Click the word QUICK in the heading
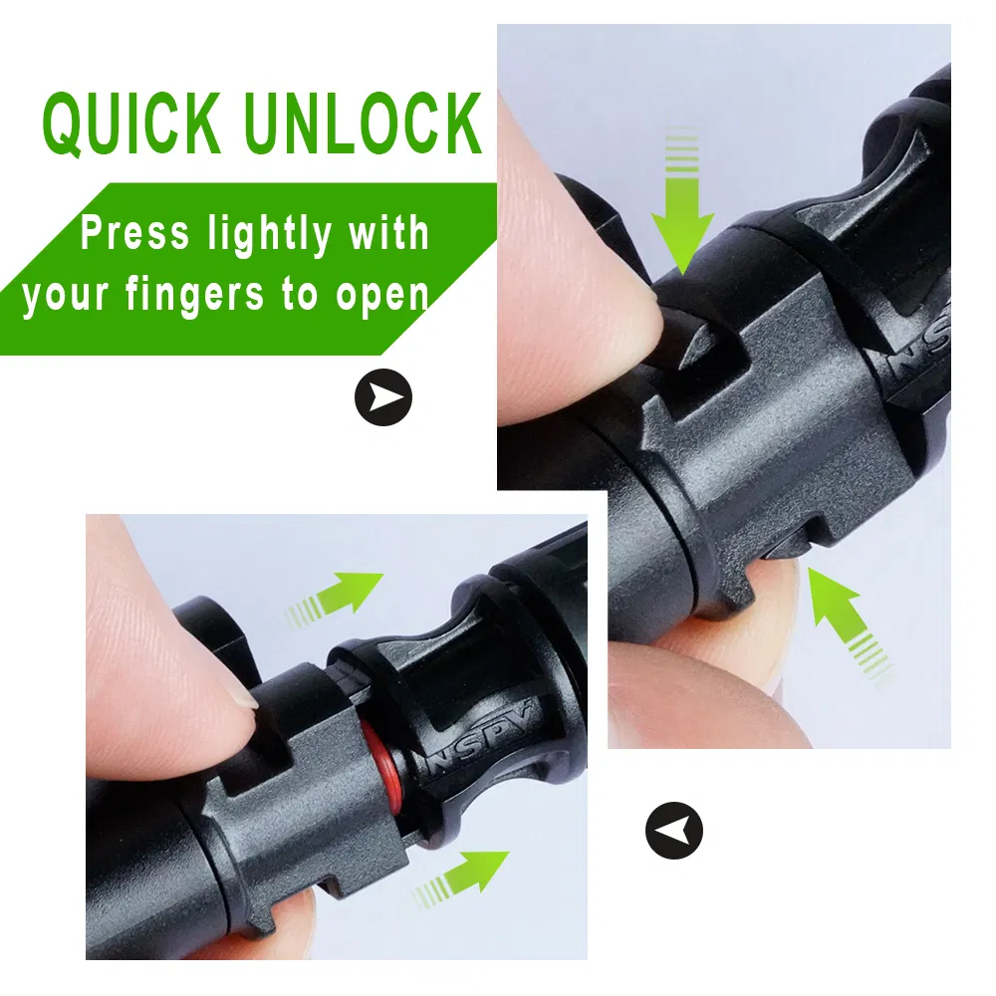[x=131, y=124]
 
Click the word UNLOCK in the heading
[x=363, y=124]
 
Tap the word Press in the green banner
[x=134, y=232]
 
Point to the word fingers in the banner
[x=194, y=296]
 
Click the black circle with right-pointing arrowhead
[x=383, y=397]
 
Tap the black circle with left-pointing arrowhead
[x=674, y=831]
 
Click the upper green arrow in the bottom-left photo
[x=337, y=596]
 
